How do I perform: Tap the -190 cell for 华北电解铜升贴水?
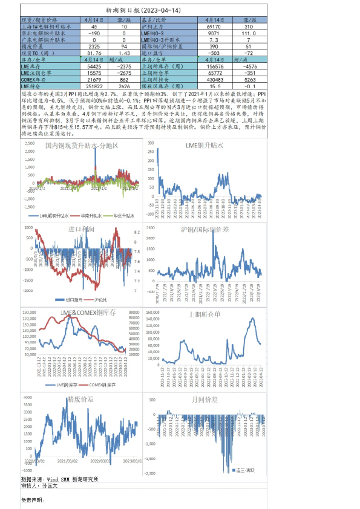94,34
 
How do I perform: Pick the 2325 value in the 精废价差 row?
94,46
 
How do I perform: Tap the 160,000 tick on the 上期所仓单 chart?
151,313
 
